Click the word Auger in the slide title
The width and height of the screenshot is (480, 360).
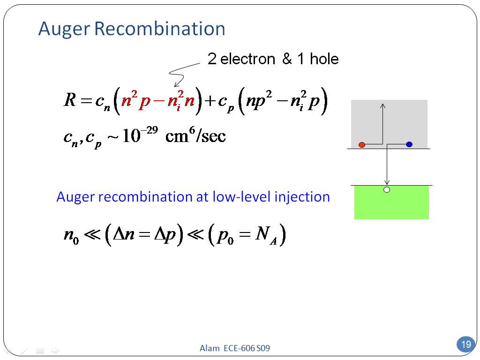click(x=64, y=29)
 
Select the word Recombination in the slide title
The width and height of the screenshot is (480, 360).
click(x=160, y=29)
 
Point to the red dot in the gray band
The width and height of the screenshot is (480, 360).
click(x=361, y=145)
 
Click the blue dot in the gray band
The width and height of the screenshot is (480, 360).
click(x=409, y=144)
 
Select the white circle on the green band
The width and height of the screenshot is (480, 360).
click(x=387, y=190)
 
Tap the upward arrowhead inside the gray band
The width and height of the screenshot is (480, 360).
click(x=383, y=106)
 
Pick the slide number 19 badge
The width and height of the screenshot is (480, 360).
click(x=465, y=345)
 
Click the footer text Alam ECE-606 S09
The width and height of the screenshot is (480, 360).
click(x=235, y=348)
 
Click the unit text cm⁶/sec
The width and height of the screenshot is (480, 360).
click(x=195, y=136)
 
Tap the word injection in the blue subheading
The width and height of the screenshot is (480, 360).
click(x=302, y=197)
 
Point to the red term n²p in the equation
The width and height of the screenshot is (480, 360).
click(x=135, y=101)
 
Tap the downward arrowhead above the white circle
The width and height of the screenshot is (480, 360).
click(x=387, y=183)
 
